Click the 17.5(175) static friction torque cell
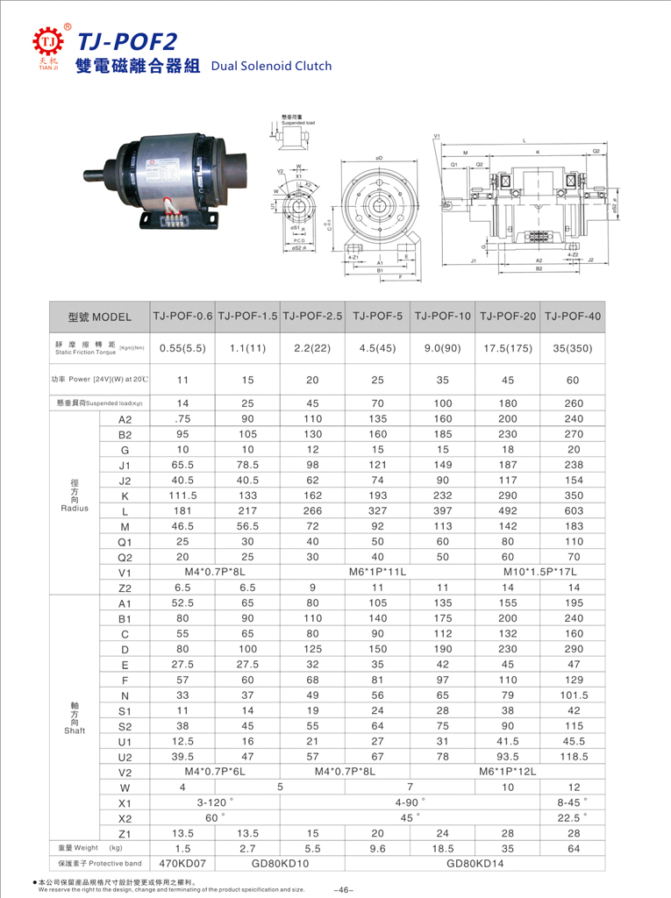[508, 347]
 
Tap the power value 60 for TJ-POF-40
[574, 381]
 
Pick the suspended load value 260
[574, 403]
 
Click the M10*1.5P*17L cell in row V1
[541, 572]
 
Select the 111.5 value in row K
[182, 495]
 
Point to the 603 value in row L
[574, 511]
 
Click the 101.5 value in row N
[574, 695]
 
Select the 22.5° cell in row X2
[574, 817]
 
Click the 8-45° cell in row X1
[574, 802]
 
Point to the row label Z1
[125, 833]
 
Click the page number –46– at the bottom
[343, 890]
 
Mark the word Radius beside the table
[75, 508]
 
